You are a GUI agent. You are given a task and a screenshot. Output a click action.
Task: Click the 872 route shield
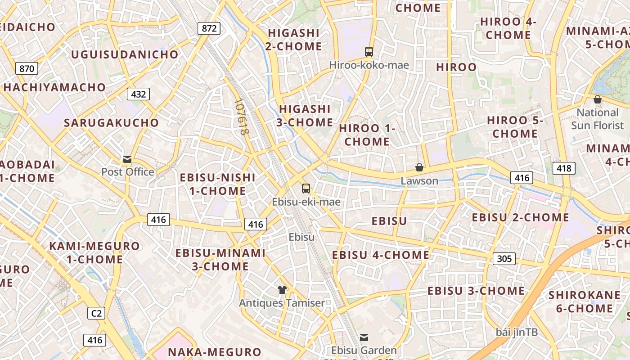click(x=209, y=29)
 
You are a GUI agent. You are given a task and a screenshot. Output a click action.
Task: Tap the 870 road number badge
click(x=27, y=69)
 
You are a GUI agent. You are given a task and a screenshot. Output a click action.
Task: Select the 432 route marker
click(x=139, y=94)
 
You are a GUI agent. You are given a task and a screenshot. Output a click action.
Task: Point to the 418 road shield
click(x=563, y=168)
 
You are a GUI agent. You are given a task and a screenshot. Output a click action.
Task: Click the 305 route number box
click(x=504, y=259)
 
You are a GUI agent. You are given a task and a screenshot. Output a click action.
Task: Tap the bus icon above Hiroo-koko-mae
click(x=369, y=52)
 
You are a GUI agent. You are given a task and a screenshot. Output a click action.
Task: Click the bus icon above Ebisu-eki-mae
click(x=306, y=189)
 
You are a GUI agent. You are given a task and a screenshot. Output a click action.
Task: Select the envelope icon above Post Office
click(x=128, y=159)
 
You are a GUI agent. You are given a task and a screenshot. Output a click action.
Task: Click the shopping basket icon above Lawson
click(x=419, y=167)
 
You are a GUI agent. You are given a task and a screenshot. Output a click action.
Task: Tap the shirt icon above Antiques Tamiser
click(x=282, y=289)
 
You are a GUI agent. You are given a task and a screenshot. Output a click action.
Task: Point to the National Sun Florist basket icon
click(x=598, y=99)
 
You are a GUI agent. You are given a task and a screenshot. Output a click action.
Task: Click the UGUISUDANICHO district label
click(x=125, y=54)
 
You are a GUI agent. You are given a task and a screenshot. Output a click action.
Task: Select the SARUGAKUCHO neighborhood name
click(x=112, y=123)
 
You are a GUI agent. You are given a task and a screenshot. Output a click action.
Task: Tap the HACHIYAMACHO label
click(x=55, y=87)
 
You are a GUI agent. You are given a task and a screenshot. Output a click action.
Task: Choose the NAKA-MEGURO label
click(x=214, y=352)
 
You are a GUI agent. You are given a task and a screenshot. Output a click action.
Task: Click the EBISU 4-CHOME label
click(x=381, y=255)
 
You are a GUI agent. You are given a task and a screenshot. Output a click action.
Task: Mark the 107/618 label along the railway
click(x=242, y=117)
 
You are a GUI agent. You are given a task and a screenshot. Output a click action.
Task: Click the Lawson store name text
click(x=419, y=181)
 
